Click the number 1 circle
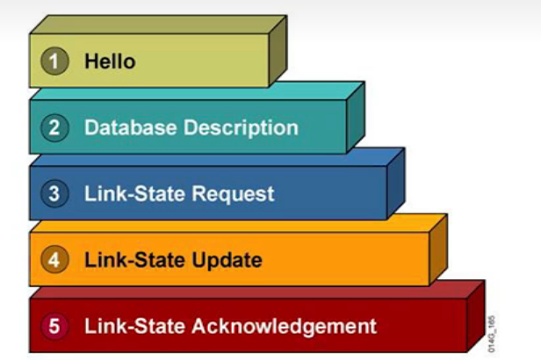click(x=56, y=61)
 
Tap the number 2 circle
click(x=54, y=127)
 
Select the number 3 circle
click(x=54, y=193)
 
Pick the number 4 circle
click(x=54, y=260)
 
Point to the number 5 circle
click(x=54, y=327)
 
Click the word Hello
click(x=110, y=61)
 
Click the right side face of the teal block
click(x=355, y=118)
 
